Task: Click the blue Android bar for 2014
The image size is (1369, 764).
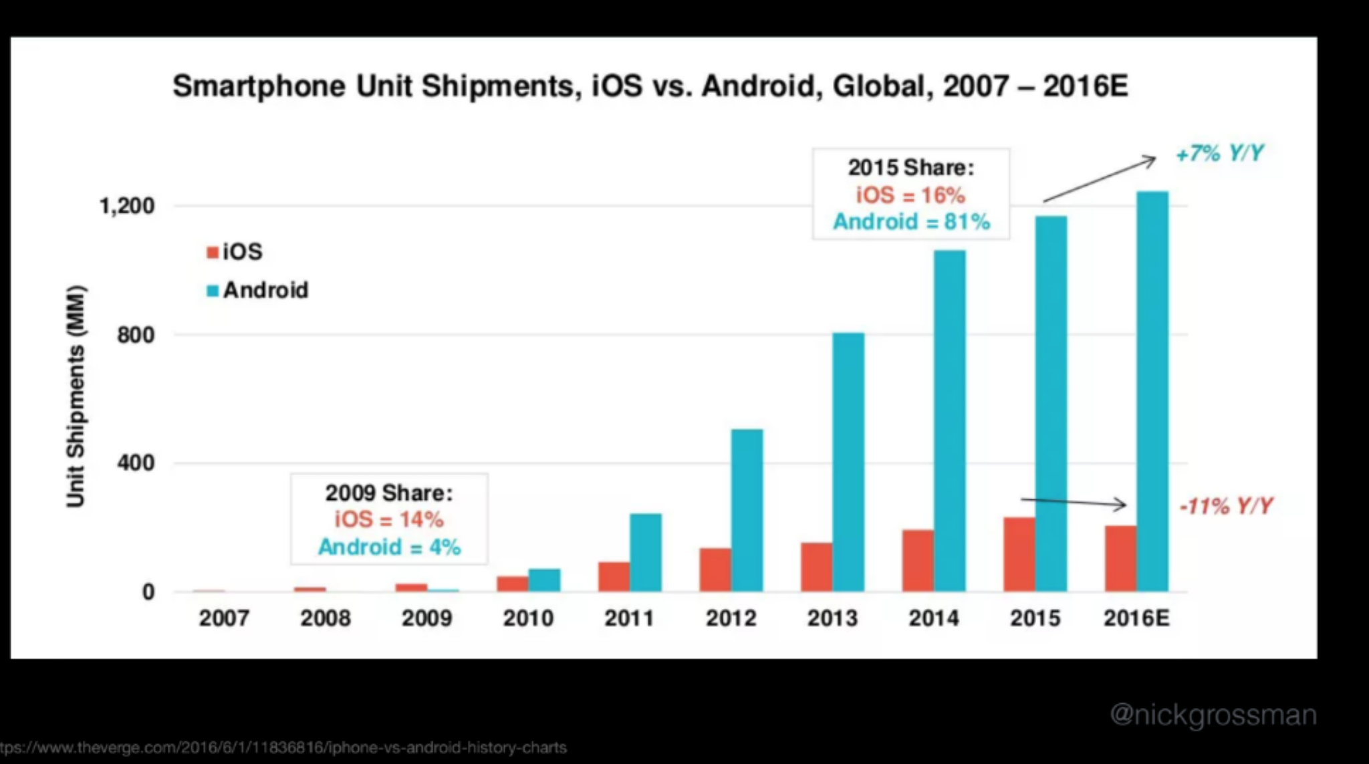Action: [x=950, y=421]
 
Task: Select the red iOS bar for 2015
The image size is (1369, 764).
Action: [x=1019, y=554]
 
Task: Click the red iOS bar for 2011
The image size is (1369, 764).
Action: [x=614, y=576]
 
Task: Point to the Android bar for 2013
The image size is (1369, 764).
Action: [x=848, y=462]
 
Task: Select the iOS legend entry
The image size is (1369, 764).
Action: [x=235, y=252]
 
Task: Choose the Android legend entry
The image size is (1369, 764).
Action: [x=258, y=290]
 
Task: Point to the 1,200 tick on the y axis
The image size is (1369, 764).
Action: [x=127, y=206]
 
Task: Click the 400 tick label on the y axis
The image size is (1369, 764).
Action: [x=136, y=463]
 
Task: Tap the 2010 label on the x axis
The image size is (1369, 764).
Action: [x=528, y=618]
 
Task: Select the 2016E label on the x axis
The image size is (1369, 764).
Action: [x=1136, y=618]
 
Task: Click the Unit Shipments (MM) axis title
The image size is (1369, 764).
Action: [x=76, y=396]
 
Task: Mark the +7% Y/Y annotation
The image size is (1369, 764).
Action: [x=1220, y=154]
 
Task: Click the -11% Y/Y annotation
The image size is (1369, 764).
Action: [x=1227, y=506]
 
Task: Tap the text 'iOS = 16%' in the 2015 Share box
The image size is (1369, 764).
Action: [x=910, y=195]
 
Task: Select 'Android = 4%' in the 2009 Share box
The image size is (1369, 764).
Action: [x=389, y=547]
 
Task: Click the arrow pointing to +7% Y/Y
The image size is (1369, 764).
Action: [x=1100, y=179]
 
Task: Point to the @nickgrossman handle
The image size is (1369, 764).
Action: [x=1213, y=715]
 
